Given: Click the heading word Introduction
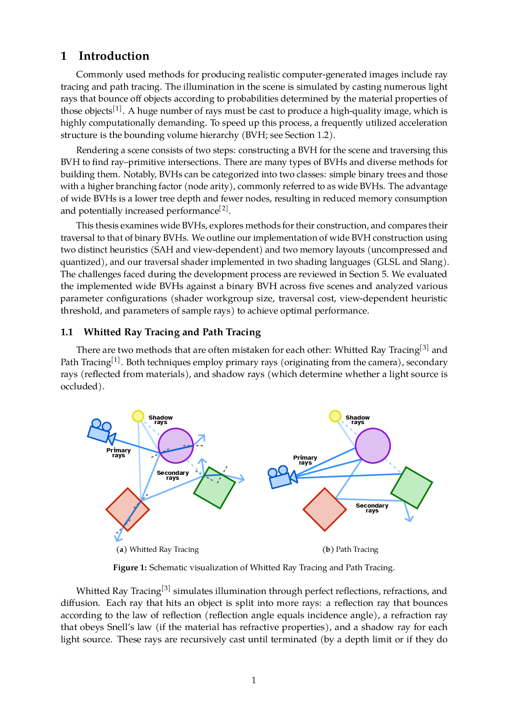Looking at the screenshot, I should point(114,56).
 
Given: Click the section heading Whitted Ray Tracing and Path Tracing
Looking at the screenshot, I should point(172,332).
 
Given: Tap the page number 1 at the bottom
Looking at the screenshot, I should point(254,680).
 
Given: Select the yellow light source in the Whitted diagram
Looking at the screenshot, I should point(138,416).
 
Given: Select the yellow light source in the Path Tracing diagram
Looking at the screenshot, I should point(335,416).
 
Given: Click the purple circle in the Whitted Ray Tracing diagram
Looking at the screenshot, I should point(176,446).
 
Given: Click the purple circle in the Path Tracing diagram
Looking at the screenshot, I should point(373,446).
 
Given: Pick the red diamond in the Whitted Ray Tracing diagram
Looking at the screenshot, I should point(127,510).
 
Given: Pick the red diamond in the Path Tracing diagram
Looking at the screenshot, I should point(324,510).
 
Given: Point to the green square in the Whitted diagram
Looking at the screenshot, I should point(215,488).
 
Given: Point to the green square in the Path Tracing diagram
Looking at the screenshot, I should point(412,488).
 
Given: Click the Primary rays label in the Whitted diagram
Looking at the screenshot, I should point(118,453).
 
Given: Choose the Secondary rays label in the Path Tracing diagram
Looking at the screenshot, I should point(372,508).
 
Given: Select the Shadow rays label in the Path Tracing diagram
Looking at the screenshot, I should point(358,420).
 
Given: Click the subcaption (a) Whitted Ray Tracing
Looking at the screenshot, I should point(158,549).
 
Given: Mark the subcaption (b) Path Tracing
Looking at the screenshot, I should point(350,549).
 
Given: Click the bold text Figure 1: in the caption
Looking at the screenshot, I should point(130,568).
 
